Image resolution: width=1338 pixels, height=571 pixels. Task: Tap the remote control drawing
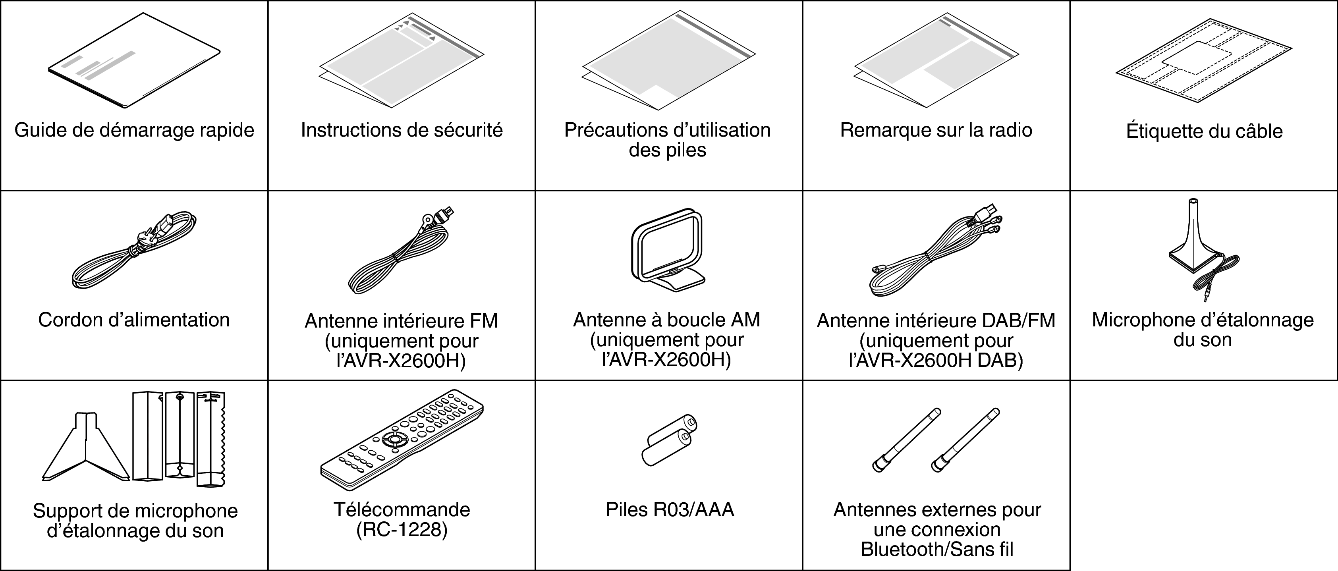click(x=401, y=439)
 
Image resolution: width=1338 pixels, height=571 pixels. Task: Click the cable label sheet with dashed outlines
click(x=1203, y=61)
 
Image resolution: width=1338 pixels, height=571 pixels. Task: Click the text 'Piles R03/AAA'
click(x=670, y=510)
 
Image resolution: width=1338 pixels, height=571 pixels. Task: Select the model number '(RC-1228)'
click(x=402, y=530)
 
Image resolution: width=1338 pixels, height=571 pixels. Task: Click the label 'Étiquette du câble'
click(x=1204, y=131)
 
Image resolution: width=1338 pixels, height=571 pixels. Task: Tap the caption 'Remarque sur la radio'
click(x=936, y=130)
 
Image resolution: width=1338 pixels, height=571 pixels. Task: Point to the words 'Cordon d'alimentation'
click(x=134, y=320)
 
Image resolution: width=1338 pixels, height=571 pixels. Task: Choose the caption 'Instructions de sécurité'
click(x=402, y=130)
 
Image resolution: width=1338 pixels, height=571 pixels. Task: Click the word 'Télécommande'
click(x=402, y=510)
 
